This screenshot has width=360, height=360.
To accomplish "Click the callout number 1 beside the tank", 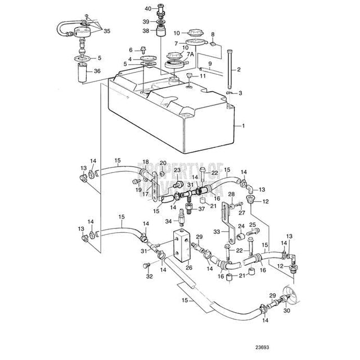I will [244, 126].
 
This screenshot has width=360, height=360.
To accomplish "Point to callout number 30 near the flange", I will [287, 310].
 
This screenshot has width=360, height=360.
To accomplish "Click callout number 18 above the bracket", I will [145, 161].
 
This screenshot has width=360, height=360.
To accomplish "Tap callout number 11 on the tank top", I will [203, 75].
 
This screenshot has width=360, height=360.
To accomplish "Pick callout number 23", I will [177, 170].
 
